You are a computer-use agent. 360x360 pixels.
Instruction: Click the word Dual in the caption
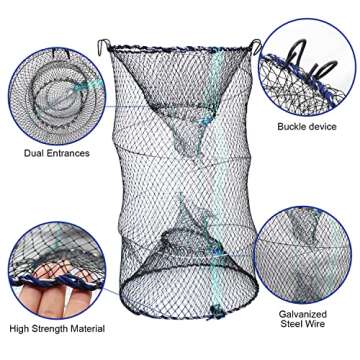pyautogui.click(x=35, y=154)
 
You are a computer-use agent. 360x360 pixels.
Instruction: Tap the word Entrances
pyautogui.click(x=72, y=154)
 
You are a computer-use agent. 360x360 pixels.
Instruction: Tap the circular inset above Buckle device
pyautogui.click(x=304, y=66)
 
